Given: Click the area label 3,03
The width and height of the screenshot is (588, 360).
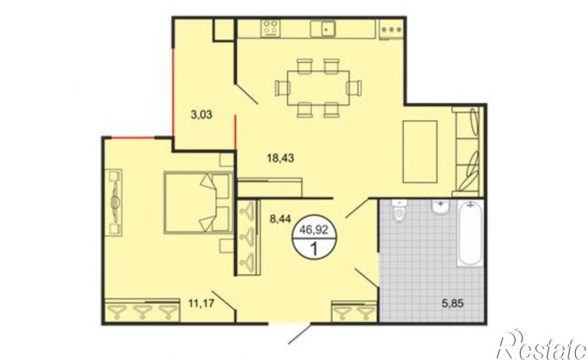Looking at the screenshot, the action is [x=201, y=114].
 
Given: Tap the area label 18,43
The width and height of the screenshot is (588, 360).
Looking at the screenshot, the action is [x=281, y=158].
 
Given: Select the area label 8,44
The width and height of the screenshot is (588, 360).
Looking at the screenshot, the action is [x=281, y=218].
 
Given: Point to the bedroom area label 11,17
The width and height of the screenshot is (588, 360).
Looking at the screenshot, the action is [x=201, y=303].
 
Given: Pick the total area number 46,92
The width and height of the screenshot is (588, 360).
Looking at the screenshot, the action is [x=314, y=230].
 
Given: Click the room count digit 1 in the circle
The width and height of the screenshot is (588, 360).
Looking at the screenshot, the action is [x=314, y=248].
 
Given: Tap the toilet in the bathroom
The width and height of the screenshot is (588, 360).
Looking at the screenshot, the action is [x=399, y=212].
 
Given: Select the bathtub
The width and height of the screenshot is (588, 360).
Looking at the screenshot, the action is [x=470, y=234].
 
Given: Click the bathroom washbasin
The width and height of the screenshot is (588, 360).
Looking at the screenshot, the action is [x=441, y=207].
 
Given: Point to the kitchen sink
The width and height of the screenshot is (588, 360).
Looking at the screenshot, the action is [x=323, y=28].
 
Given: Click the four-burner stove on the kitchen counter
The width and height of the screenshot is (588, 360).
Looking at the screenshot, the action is [x=271, y=28].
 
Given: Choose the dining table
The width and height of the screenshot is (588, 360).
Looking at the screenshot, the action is [x=319, y=88].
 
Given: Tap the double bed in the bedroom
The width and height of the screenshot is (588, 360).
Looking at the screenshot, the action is [x=198, y=203].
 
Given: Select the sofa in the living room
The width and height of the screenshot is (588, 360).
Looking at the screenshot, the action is [x=466, y=152].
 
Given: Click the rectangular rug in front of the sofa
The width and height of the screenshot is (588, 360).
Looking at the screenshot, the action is [x=420, y=152].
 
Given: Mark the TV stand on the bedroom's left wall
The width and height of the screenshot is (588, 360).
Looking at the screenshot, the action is [x=114, y=203].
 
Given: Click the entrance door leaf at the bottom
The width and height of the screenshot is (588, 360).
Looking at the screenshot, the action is [x=299, y=334].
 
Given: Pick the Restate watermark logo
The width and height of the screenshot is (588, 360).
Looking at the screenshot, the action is [x=543, y=345].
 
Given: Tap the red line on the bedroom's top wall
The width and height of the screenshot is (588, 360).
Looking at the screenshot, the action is [x=133, y=138].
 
